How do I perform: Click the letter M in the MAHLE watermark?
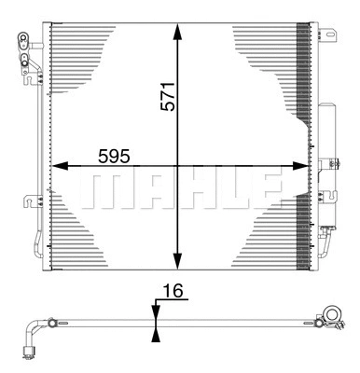click(x=103, y=188)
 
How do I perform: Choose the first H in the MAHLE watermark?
click(x=183, y=188)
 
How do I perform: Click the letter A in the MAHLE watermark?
click(x=143, y=188)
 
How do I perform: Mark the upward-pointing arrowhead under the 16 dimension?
click(x=156, y=333)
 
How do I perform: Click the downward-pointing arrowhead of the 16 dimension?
click(x=156, y=310)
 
